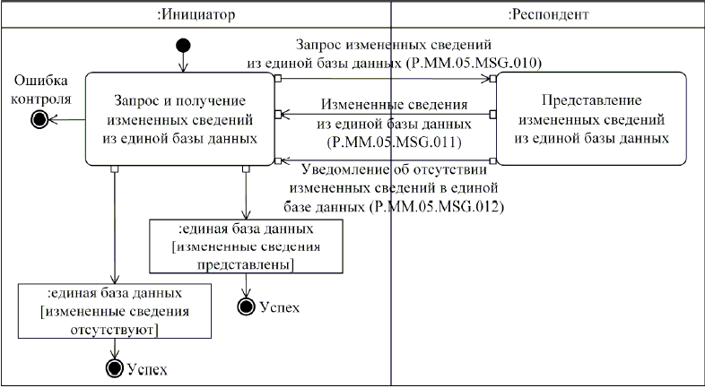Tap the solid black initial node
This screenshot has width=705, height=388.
(x=184, y=45)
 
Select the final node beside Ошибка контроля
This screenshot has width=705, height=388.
(x=39, y=118)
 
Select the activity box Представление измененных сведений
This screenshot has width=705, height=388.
(x=592, y=118)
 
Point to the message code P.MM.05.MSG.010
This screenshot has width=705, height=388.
(x=476, y=63)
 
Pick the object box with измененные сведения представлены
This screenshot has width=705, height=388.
(x=246, y=246)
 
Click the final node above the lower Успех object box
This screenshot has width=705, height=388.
(x=245, y=306)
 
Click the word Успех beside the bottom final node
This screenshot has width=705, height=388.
(x=148, y=369)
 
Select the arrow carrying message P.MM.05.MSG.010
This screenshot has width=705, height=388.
(x=386, y=78)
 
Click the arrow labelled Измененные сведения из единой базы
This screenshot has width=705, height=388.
(x=386, y=114)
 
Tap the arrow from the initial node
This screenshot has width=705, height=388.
(x=184, y=61)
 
